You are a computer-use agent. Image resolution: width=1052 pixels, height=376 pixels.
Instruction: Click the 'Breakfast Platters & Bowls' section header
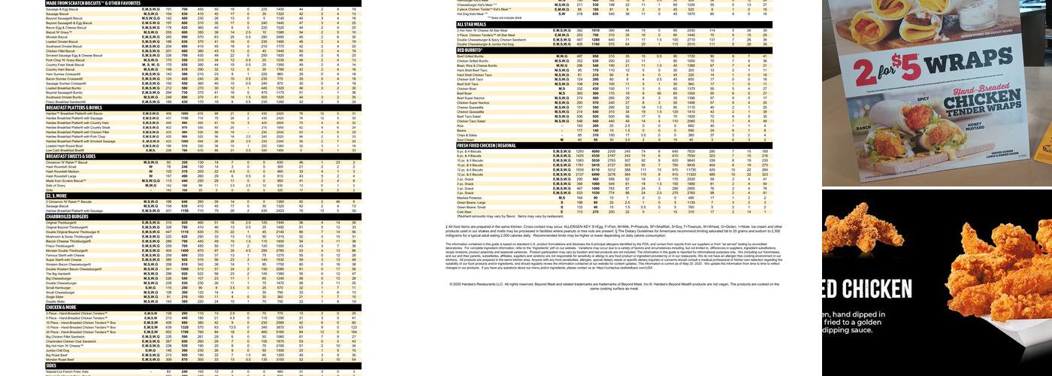(71, 108)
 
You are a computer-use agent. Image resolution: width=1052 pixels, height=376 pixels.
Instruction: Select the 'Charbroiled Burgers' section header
(68, 217)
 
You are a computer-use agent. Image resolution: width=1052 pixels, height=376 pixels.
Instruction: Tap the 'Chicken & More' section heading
(61, 307)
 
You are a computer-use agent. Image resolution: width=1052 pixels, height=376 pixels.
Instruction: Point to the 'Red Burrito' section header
(474, 50)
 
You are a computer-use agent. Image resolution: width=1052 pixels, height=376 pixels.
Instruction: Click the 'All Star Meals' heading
(473, 24)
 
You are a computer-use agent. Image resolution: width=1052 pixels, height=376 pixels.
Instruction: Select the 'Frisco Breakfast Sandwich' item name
(66, 102)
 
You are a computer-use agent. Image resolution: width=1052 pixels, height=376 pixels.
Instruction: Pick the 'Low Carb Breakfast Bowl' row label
(65, 150)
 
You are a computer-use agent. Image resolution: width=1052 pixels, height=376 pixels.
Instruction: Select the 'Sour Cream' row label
(466, 139)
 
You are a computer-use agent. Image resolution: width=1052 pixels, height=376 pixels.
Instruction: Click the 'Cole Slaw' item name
(464, 211)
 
